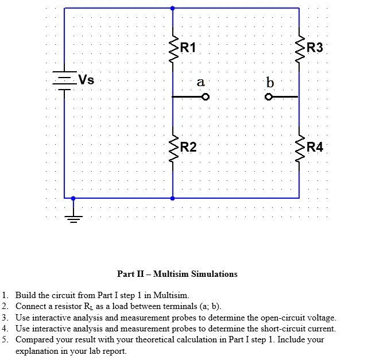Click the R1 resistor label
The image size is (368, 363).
click(x=188, y=48)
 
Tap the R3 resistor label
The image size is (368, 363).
click(x=315, y=48)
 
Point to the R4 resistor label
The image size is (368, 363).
click(x=315, y=148)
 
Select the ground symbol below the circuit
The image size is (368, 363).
click(x=73, y=217)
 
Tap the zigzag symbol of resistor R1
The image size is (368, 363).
click(x=173, y=49)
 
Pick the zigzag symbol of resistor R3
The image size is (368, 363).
click(x=299, y=49)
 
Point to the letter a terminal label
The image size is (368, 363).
click(x=200, y=82)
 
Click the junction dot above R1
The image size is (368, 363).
click(x=173, y=8)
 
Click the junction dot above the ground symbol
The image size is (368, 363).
click(x=73, y=198)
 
